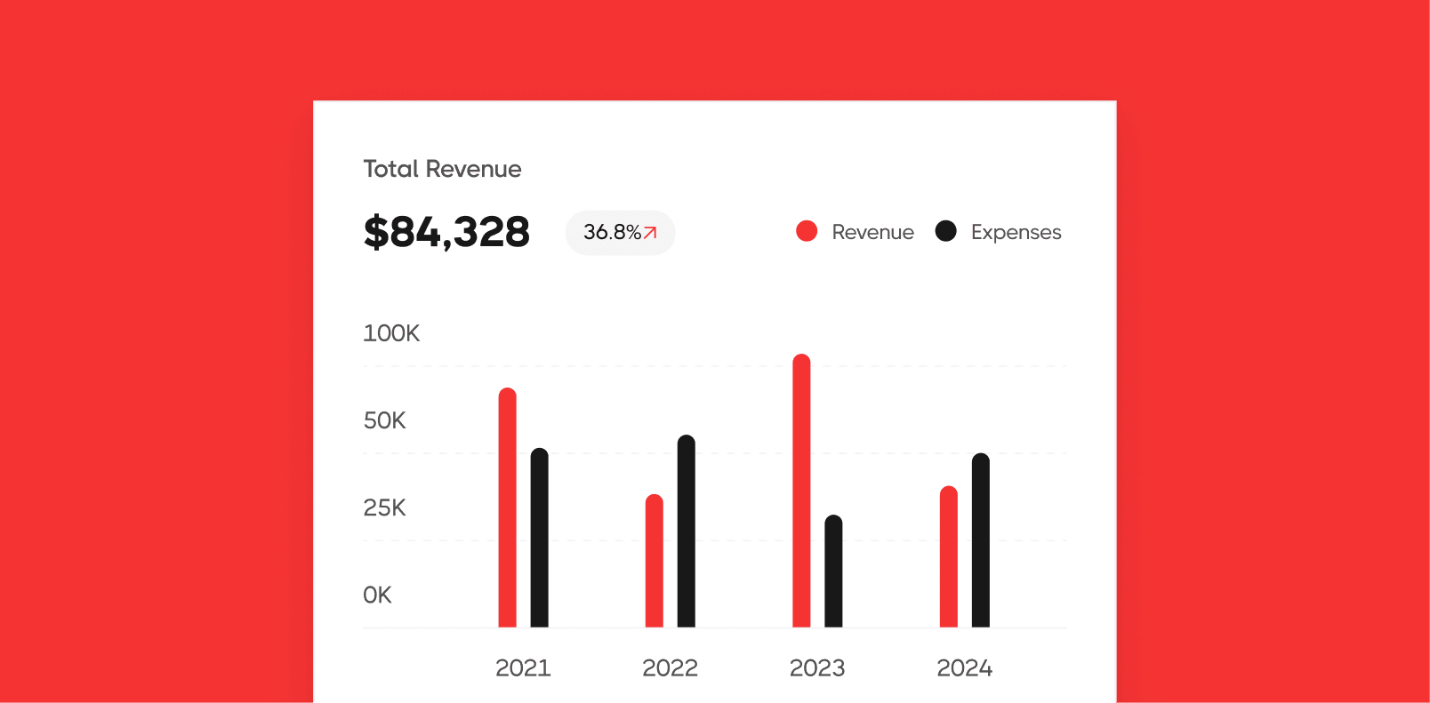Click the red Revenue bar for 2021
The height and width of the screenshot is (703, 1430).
pos(507,508)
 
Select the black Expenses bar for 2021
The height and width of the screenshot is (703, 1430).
pos(539,539)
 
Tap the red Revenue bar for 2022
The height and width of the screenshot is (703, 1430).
pos(654,562)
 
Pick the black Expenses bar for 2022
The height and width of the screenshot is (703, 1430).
pos(686,531)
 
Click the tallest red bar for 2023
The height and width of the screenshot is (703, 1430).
pos(801,491)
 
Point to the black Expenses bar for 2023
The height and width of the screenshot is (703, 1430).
pos(833,571)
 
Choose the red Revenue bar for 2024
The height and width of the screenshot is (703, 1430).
pos(949,557)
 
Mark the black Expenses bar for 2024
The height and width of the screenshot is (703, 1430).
pos(980,540)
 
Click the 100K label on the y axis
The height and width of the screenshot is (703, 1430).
pos(391,333)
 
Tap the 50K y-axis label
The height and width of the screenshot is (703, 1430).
pos(384,420)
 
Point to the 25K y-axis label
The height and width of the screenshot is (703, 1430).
pos(384,507)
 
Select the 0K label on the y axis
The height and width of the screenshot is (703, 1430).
pos(377,595)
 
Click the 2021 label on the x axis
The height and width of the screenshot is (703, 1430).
pos(523,668)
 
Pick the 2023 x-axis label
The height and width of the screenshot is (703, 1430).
pos(817,668)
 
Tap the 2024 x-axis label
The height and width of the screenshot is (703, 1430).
pos(964,668)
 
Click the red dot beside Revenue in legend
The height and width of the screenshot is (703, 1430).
pos(807,231)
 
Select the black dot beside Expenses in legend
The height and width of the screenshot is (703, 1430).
pos(945,231)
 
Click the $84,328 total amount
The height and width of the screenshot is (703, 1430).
pos(446,232)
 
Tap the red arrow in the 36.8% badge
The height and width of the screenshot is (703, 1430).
pos(650,233)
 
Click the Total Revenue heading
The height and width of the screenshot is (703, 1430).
pos(442,169)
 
